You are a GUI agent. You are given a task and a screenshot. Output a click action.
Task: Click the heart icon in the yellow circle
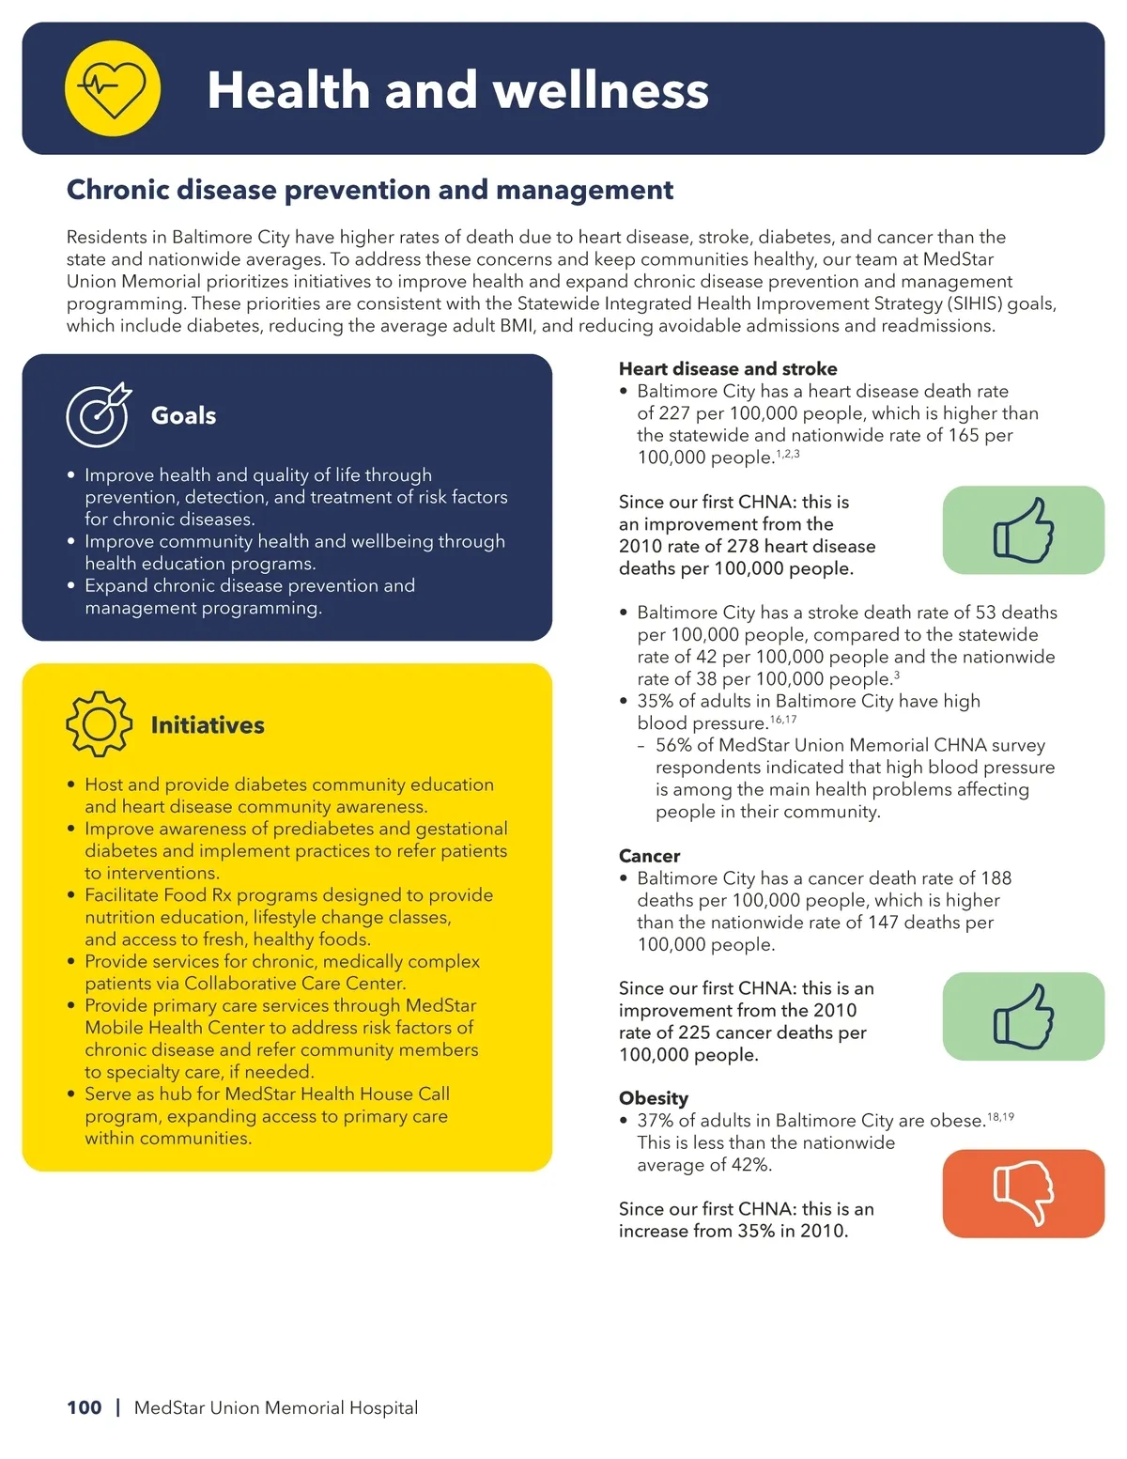(x=113, y=89)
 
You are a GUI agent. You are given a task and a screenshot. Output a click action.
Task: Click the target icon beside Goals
(x=98, y=415)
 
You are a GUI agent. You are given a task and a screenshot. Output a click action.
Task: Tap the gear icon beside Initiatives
(x=99, y=724)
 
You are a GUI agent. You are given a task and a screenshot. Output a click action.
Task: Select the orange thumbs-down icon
(x=1023, y=1193)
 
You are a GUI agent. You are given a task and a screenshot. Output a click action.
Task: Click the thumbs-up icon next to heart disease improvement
(x=1023, y=530)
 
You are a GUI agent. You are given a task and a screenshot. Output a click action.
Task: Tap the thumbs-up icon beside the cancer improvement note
(x=1023, y=1017)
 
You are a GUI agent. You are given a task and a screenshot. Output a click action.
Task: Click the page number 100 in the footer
(x=85, y=1407)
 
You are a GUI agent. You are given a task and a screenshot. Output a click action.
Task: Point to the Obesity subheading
(x=654, y=1098)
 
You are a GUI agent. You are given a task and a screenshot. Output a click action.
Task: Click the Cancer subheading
(x=649, y=856)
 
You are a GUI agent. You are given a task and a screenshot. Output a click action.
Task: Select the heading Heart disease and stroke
(x=728, y=369)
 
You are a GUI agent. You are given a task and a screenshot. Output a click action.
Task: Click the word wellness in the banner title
(x=601, y=90)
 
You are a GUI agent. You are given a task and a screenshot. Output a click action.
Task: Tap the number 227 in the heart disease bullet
(x=673, y=413)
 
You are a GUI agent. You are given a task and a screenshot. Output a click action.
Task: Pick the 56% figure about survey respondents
(x=673, y=745)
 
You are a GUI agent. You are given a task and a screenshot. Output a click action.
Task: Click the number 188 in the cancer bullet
(x=996, y=878)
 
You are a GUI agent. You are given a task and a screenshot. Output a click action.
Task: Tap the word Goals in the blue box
(x=183, y=415)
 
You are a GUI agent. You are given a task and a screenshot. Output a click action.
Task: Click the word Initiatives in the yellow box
(x=208, y=725)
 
